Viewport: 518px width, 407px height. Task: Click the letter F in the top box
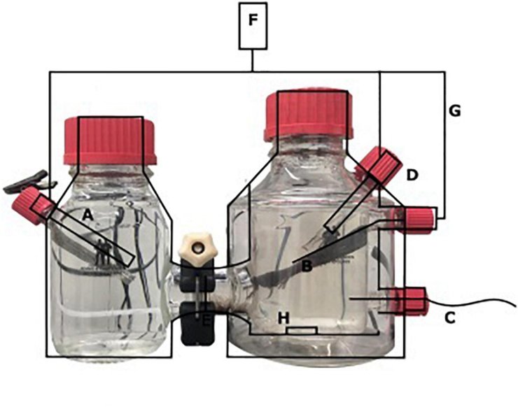[253, 20]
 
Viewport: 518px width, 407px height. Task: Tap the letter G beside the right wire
[454, 111]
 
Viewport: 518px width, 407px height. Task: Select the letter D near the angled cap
[412, 175]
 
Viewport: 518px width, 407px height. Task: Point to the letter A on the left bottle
[87, 215]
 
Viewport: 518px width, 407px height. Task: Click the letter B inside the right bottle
[307, 266]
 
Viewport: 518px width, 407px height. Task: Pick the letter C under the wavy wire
[450, 317]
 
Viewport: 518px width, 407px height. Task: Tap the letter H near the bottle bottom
[283, 318]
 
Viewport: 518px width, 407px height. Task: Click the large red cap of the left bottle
[110, 141]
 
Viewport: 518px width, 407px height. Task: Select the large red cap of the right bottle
[308, 115]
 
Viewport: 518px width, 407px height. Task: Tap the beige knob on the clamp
[198, 248]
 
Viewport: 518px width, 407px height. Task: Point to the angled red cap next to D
[380, 164]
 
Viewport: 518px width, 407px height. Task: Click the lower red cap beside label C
[411, 301]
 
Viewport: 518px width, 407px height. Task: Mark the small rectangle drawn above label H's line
[302, 331]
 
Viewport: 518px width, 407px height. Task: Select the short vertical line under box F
[253, 60]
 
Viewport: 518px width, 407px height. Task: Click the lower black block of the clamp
[197, 324]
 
